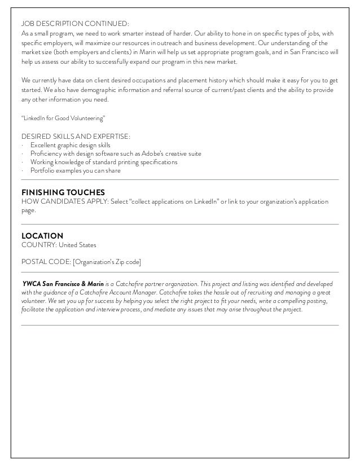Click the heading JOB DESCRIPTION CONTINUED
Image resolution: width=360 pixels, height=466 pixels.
pos(74,24)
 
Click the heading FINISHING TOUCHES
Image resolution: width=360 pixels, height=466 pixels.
pos(63,192)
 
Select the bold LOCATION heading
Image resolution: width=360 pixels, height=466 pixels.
pos(42,235)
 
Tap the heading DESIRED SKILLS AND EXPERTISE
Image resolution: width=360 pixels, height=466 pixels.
pos(76,137)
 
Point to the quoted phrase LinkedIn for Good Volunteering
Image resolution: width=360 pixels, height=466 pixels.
pos(63,119)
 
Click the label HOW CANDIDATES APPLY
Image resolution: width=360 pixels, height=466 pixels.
pos(62,201)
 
